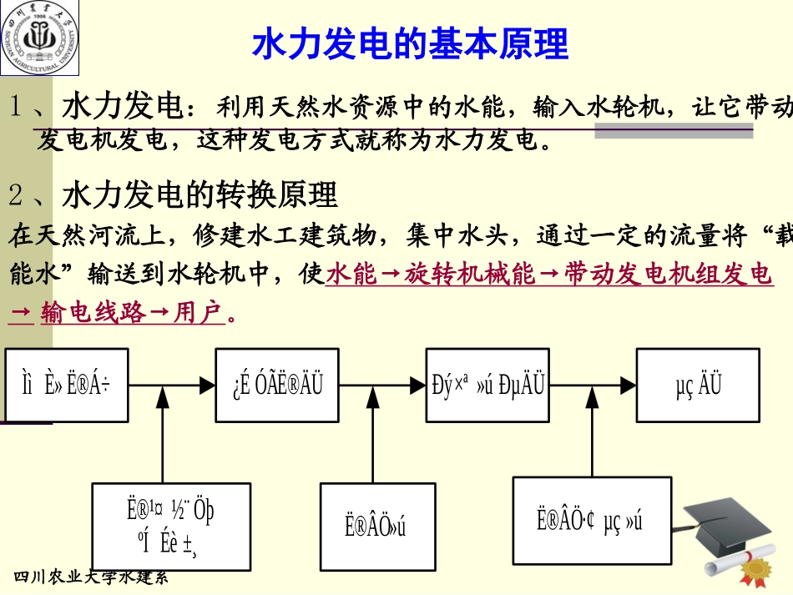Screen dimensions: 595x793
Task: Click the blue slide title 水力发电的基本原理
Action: pyautogui.click(x=409, y=43)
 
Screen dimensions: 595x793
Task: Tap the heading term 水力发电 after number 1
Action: pyautogui.click(x=122, y=108)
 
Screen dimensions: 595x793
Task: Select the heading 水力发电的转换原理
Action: pyautogui.click(x=200, y=195)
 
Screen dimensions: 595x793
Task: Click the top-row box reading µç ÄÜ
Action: pyautogui.click(x=698, y=385)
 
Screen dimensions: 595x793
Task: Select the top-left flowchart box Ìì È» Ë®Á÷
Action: pyautogui.click(x=67, y=386)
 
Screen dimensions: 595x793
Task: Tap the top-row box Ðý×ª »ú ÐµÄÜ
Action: pyautogui.click(x=487, y=385)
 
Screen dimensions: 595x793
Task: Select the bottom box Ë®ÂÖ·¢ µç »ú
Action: pyautogui.click(x=591, y=522)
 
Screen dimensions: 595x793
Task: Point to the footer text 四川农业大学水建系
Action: pyautogui.click(x=92, y=577)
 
